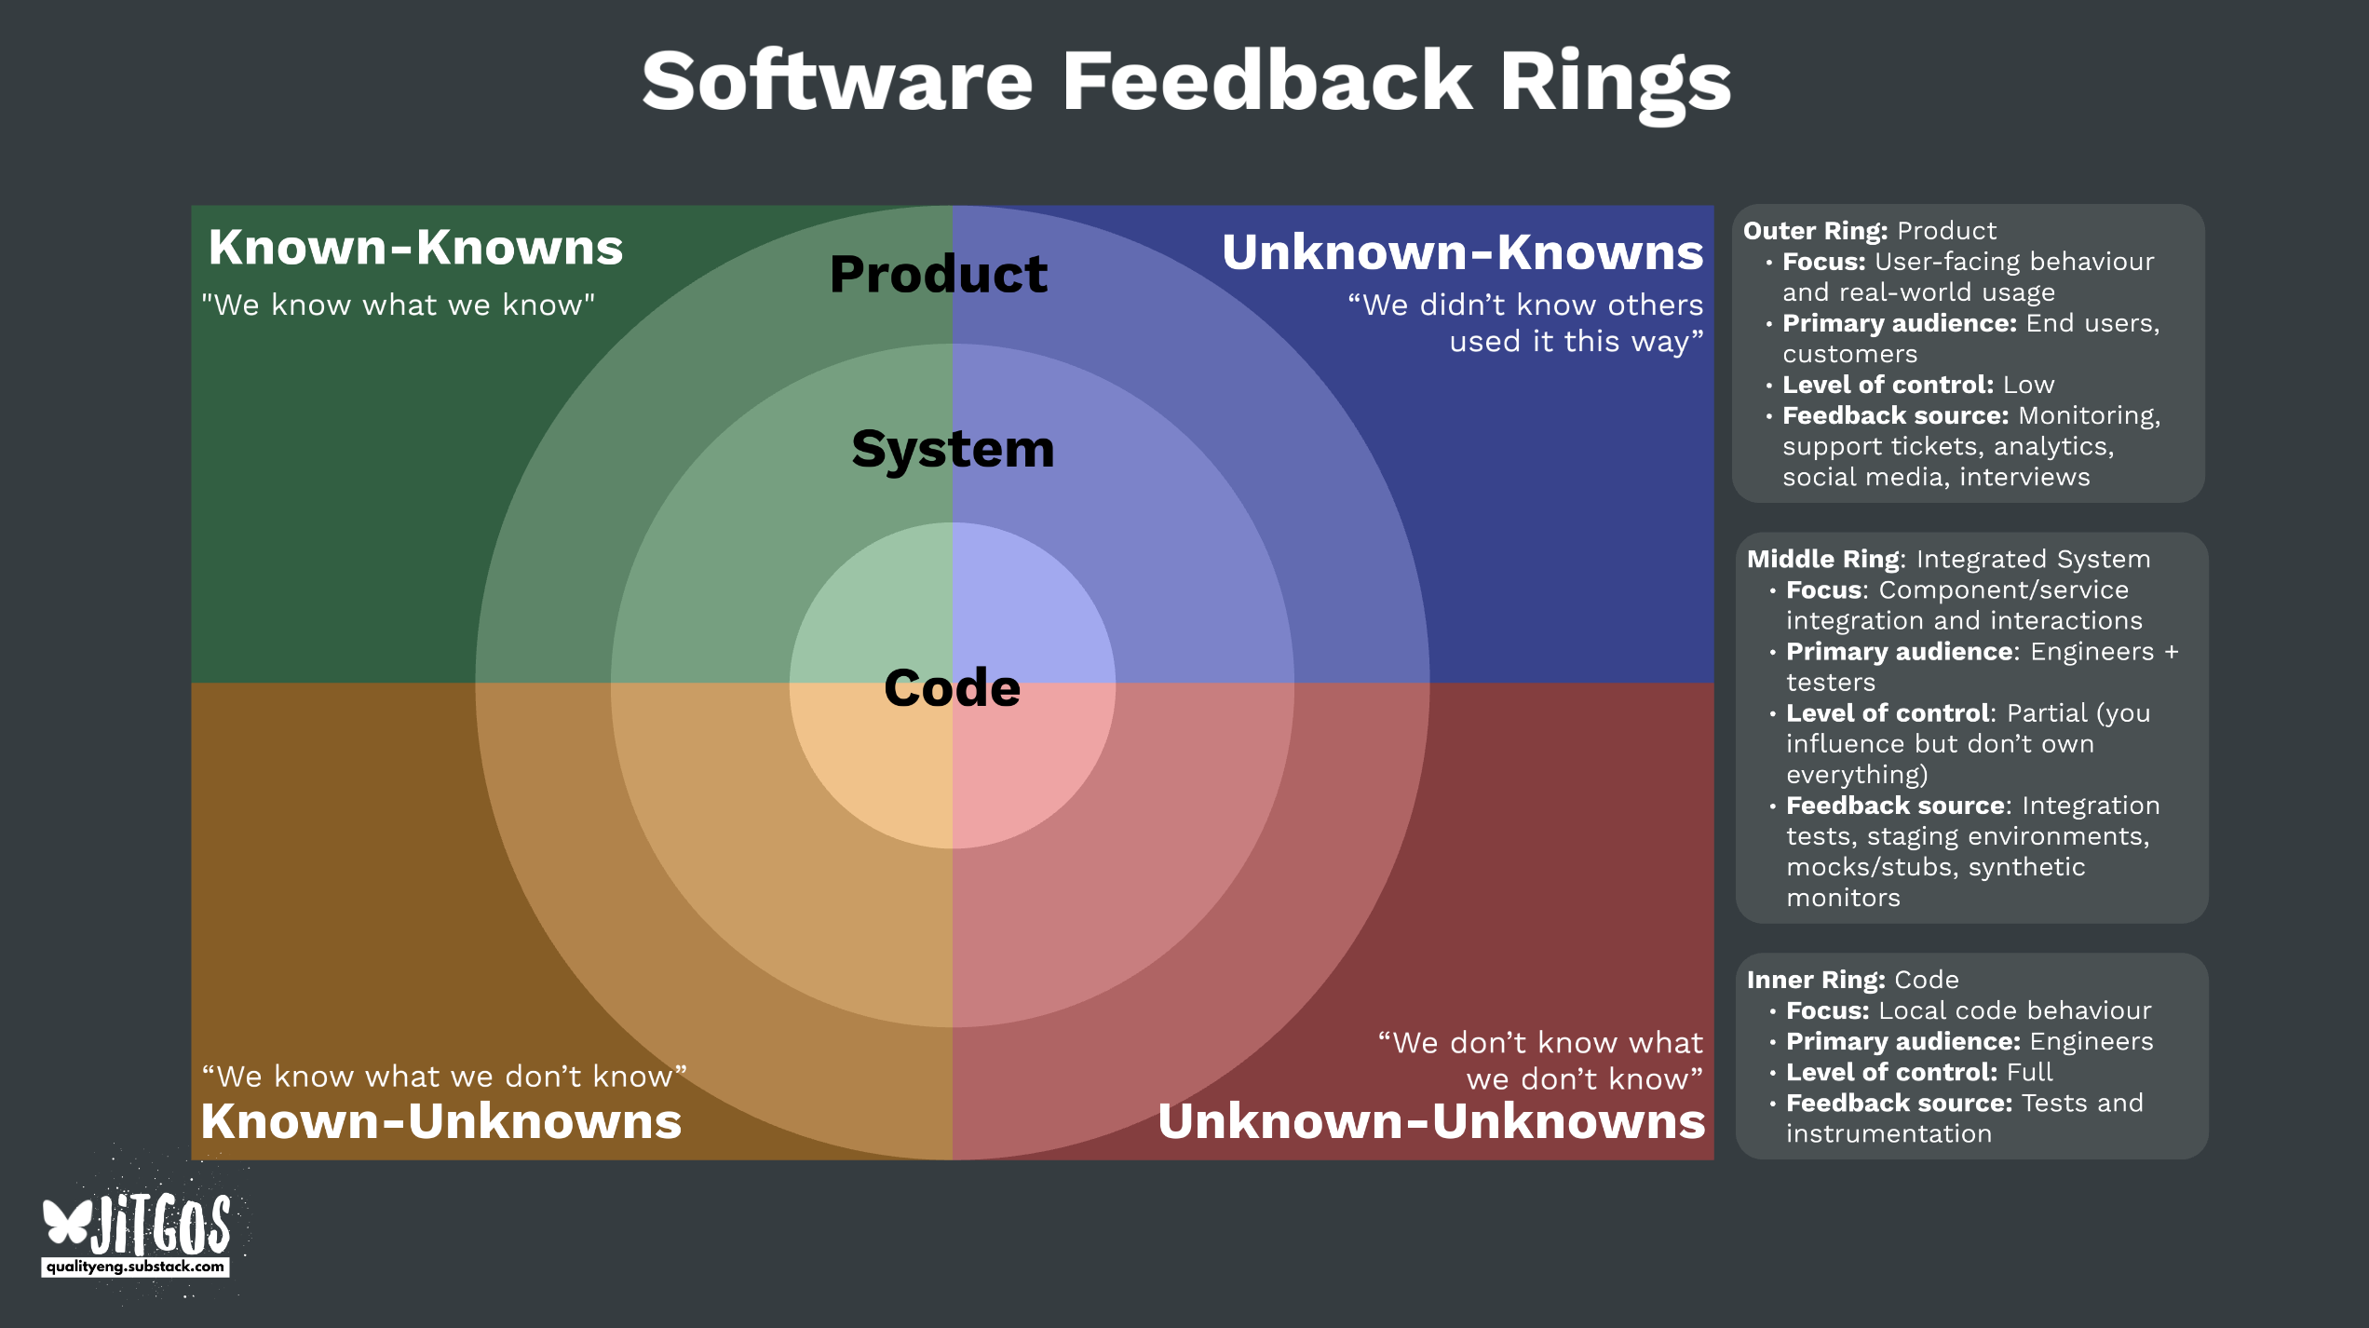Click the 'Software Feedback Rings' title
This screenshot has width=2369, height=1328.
pyautogui.click(x=1185, y=82)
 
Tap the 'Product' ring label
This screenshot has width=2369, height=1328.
pyautogui.click(x=939, y=275)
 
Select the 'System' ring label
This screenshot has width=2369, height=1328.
pyautogui.click(x=953, y=449)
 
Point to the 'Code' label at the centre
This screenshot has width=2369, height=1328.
pyautogui.click(x=952, y=688)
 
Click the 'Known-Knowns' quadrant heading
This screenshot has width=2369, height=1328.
pyautogui.click(x=415, y=248)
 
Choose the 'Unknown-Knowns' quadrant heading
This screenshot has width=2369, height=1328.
pyautogui.click(x=1462, y=252)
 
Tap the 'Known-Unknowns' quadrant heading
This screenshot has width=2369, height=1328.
pyautogui.click(x=440, y=1121)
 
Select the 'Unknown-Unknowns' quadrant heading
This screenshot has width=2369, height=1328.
pyautogui.click(x=1431, y=1121)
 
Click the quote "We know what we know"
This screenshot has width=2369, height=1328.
pyautogui.click(x=398, y=305)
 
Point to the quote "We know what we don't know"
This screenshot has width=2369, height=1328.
pyautogui.click(x=444, y=1077)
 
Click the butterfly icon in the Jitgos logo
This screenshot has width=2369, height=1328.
pyautogui.click(x=67, y=1222)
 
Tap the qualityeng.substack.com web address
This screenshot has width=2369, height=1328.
pyautogui.click(x=135, y=1267)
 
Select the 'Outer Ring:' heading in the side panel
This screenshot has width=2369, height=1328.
pyautogui.click(x=1815, y=231)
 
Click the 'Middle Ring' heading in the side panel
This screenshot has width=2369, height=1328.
pyautogui.click(x=1822, y=559)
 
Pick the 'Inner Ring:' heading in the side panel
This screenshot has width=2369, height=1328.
pyautogui.click(x=1815, y=980)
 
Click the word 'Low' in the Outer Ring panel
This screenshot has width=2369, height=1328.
pyautogui.click(x=2028, y=385)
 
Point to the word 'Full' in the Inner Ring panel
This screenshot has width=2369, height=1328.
pyautogui.click(x=2029, y=1072)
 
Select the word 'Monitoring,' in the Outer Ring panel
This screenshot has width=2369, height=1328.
pyautogui.click(x=2089, y=415)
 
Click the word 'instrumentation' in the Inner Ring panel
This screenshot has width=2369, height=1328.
pyautogui.click(x=1888, y=1133)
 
